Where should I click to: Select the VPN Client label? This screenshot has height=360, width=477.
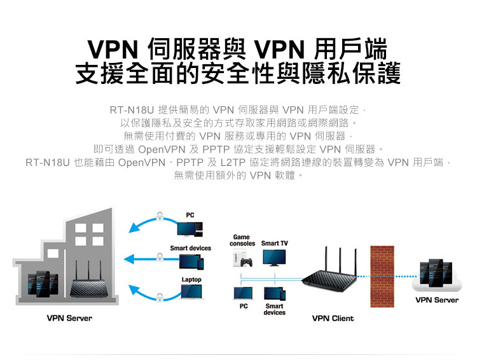click(x=333, y=318)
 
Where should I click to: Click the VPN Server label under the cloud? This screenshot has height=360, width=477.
click(x=436, y=300)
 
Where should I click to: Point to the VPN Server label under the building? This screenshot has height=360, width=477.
click(x=69, y=318)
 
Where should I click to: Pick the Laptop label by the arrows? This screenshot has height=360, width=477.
click(x=191, y=279)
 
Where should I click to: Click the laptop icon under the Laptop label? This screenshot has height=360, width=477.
click(x=191, y=292)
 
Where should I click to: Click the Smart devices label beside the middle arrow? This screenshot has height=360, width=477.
click(x=190, y=247)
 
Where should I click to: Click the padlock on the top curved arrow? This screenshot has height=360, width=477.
click(x=160, y=214)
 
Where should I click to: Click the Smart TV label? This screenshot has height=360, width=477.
click(x=274, y=244)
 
